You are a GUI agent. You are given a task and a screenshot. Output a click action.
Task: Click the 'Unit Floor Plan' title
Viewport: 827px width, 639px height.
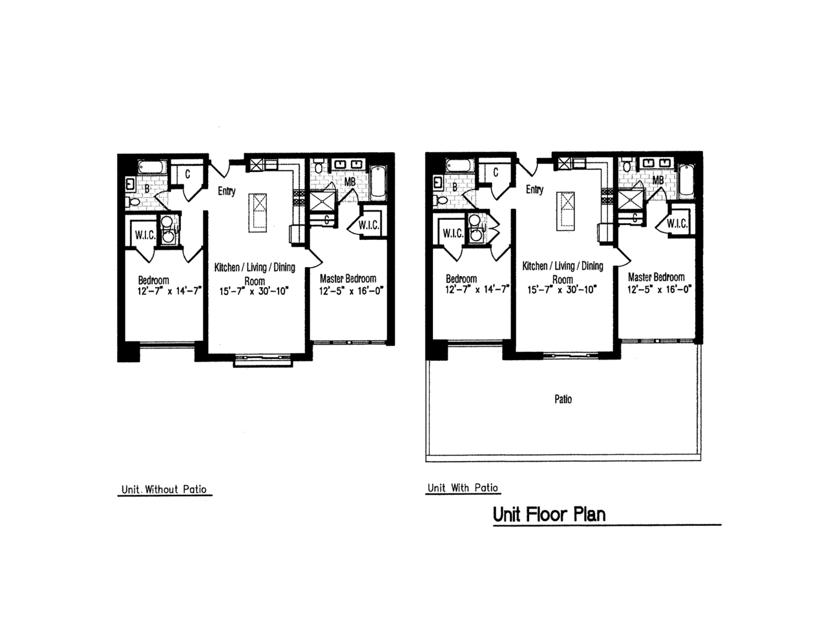tap(549, 514)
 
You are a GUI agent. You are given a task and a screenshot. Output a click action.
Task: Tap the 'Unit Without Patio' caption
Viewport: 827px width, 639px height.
tap(164, 489)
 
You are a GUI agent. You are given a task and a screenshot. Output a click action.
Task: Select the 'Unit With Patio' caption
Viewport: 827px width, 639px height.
tap(463, 488)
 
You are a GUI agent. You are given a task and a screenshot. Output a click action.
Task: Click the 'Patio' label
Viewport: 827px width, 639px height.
tap(563, 399)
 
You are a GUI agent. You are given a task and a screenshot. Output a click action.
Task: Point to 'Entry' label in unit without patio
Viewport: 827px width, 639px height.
tap(226, 191)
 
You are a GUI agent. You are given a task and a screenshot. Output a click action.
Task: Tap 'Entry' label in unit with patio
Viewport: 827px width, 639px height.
tap(534, 190)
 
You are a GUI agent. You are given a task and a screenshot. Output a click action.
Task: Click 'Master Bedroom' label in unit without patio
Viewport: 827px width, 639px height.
tap(348, 278)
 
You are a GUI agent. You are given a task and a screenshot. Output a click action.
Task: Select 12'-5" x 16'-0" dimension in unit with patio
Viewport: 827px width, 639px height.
tap(659, 289)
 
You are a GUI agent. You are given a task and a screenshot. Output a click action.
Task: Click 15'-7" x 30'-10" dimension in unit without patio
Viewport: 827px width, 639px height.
tap(254, 291)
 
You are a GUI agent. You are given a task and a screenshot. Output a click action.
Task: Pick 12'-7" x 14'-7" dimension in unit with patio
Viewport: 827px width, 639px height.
tap(477, 289)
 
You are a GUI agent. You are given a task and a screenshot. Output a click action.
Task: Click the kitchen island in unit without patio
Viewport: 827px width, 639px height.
tap(258, 213)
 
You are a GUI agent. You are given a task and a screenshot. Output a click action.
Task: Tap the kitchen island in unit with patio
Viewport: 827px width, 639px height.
tap(565, 211)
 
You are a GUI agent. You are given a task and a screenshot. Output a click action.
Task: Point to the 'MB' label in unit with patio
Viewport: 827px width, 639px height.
tap(658, 180)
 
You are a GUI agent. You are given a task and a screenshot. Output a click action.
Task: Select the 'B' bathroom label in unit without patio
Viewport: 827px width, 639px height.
tap(147, 188)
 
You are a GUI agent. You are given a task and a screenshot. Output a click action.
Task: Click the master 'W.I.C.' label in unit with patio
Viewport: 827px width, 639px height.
tap(677, 224)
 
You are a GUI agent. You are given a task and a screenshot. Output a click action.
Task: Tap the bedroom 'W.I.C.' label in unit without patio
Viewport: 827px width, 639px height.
tap(145, 235)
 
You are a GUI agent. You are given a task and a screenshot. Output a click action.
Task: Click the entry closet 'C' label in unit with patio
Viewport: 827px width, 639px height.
tap(496, 173)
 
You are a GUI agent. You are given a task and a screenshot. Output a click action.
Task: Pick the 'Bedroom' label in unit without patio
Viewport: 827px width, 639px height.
tap(153, 280)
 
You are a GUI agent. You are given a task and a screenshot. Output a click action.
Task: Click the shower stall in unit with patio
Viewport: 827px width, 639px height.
tap(630, 200)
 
